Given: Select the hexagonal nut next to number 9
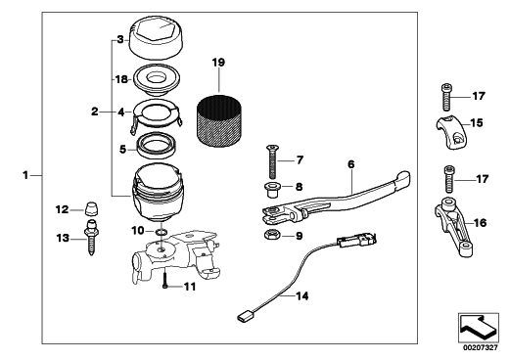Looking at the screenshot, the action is click(x=269, y=234).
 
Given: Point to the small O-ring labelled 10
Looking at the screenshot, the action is click(x=162, y=232).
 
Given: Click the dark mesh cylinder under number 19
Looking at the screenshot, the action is click(x=219, y=121).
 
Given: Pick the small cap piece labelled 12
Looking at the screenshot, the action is click(x=92, y=208).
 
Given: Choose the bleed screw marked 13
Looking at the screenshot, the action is click(x=91, y=238).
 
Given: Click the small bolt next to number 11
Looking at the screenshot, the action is click(x=165, y=282).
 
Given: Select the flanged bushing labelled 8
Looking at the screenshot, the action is click(x=271, y=190).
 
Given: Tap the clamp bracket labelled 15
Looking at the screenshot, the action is click(x=452, y=132).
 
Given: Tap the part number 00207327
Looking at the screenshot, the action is click(x=481, y=348).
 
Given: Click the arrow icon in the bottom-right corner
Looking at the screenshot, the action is click(x=478, y=328).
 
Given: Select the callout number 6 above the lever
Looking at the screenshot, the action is click(x=350, y=164).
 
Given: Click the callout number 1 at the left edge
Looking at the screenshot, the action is click(x=25, y=175).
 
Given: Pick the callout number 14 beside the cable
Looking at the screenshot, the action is click(x=302, y=296).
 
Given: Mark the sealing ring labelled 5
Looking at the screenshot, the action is click(x=157, y=145).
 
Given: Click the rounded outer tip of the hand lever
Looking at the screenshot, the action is click(x=407, y=176).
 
